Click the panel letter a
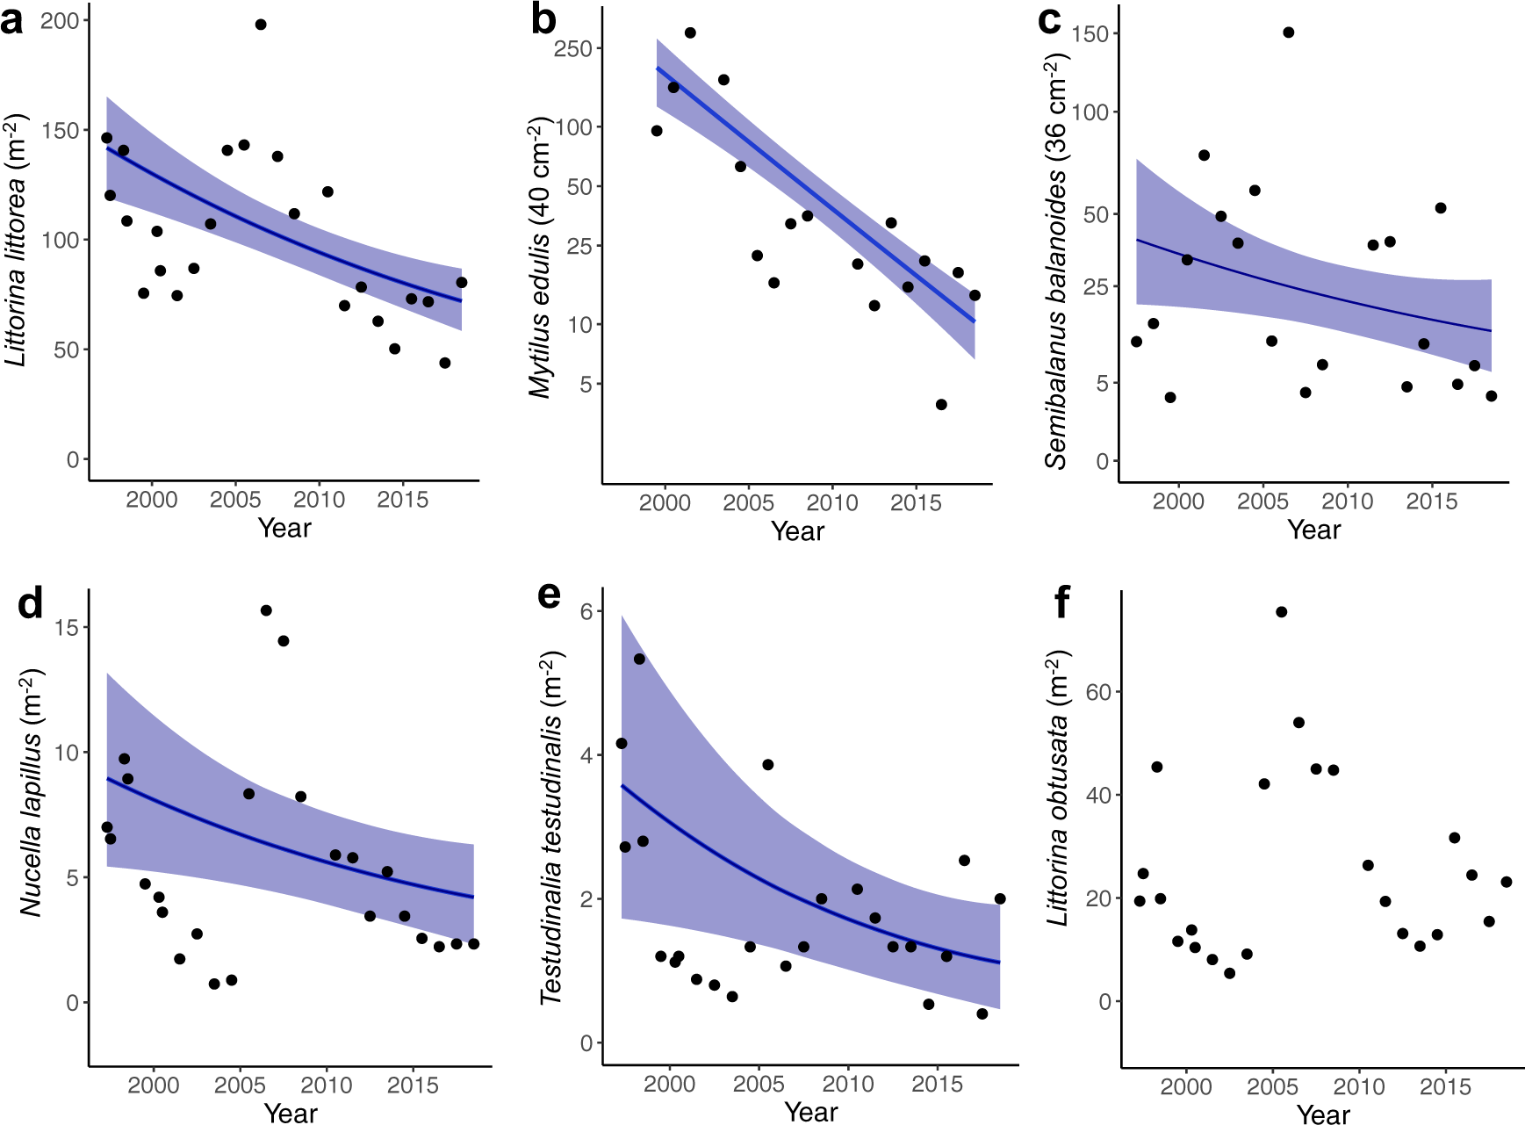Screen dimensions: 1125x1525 click(x=12, y=19)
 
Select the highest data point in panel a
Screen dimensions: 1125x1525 click(x=261, y=25)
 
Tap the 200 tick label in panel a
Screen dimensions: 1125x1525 click(x=60, y=20)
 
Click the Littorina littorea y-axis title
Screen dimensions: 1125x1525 click(x=17, y=239)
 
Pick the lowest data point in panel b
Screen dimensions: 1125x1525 click(x=941, y=405)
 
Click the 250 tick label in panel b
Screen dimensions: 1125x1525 click(x=572, y=49)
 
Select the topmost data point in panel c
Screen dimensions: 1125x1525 click(x=1289, y=32)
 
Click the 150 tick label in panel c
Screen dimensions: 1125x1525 click(x=1090, y=33)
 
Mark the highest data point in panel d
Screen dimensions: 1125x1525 click(x=266, y=610)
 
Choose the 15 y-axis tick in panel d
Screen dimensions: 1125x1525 click(x=67, y=627)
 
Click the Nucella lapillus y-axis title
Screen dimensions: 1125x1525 click(x=32, y=792)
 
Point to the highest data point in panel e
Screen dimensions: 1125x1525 click(x=639, y=660)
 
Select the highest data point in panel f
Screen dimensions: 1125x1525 click(x=1282, y=612)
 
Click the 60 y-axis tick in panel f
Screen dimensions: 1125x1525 click(x=1097, y=692)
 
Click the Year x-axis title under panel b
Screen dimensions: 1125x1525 click(x=797, y=531)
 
